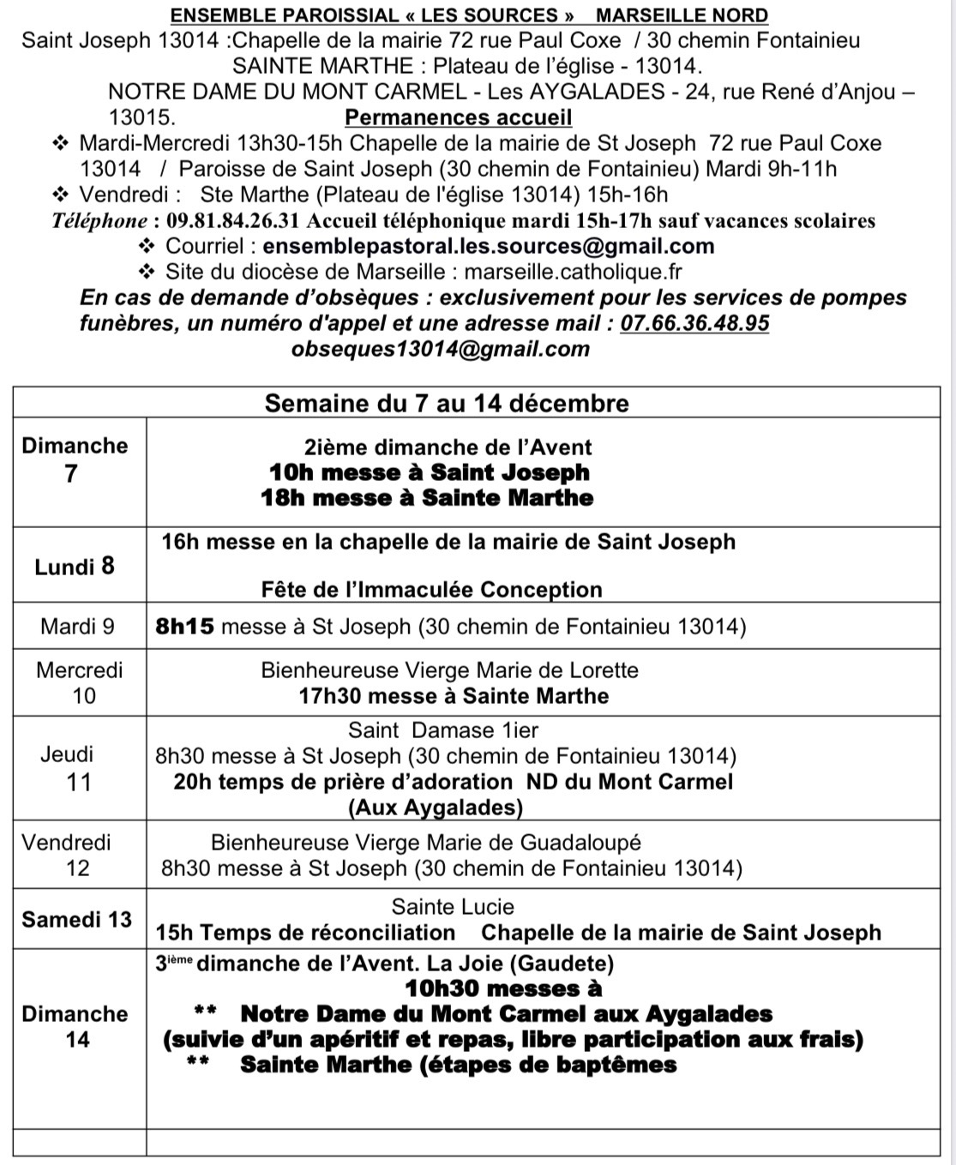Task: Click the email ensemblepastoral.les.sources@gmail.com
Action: (x=489, y=247)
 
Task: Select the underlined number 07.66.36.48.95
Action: (x=694, y=323)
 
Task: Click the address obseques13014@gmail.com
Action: (x=441, y=349)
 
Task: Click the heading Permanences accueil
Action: (x=458, y=117)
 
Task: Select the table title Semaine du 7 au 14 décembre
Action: (x=447, y=404)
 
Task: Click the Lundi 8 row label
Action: (x=75, y=567)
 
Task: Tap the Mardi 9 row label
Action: (x=77, y=627)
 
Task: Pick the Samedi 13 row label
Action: (x=77, y=920)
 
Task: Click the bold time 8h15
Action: (x=184, y=627)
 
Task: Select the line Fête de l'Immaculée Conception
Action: (x=431, y=590)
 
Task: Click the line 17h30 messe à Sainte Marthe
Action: (x=454, y=696)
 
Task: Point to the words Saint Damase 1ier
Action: (x=443, y=730)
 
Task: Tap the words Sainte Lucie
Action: (x=453, y=907)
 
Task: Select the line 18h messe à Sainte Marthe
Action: (x=427, y=498)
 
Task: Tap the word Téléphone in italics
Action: (x=99, y=221)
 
